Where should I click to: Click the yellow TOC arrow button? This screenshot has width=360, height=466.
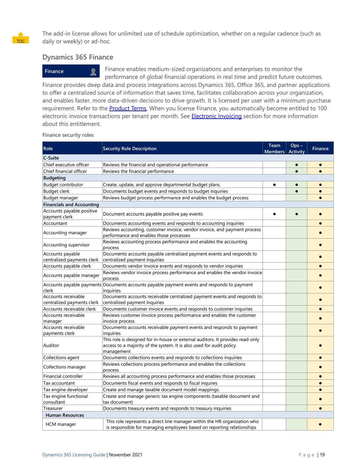coord(21,38)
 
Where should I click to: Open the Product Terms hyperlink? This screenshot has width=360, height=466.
coord(128,108)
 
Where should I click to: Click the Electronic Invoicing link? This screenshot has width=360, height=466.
coord(216,116)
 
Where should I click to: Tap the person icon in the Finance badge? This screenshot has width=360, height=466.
coord(93,72)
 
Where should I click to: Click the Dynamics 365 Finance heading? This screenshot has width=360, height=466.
coord(78,57)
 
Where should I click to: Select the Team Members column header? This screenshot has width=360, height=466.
coord(274,148)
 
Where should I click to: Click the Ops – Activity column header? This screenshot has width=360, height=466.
coord(296,148)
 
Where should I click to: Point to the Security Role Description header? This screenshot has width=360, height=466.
coord(130,149)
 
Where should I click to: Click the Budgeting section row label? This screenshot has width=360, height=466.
coord(54,178)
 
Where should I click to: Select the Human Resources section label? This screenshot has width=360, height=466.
coord(65,415)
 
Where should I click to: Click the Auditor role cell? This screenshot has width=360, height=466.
coord(51,345)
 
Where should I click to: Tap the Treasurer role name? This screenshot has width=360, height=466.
coord(53,408)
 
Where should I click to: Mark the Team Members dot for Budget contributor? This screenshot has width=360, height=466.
coord(274,185)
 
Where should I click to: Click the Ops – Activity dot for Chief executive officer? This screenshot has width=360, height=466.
coord(296,165)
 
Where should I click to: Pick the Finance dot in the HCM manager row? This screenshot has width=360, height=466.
coord(320,424)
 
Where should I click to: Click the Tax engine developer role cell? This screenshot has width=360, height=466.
coord(65,390)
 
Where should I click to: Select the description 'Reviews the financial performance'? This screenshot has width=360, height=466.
coord(138,171)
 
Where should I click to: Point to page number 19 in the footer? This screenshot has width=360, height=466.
coord(322,455)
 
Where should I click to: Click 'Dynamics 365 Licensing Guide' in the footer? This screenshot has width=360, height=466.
coord(74,455)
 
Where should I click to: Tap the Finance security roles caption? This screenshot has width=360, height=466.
coord(68,135)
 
